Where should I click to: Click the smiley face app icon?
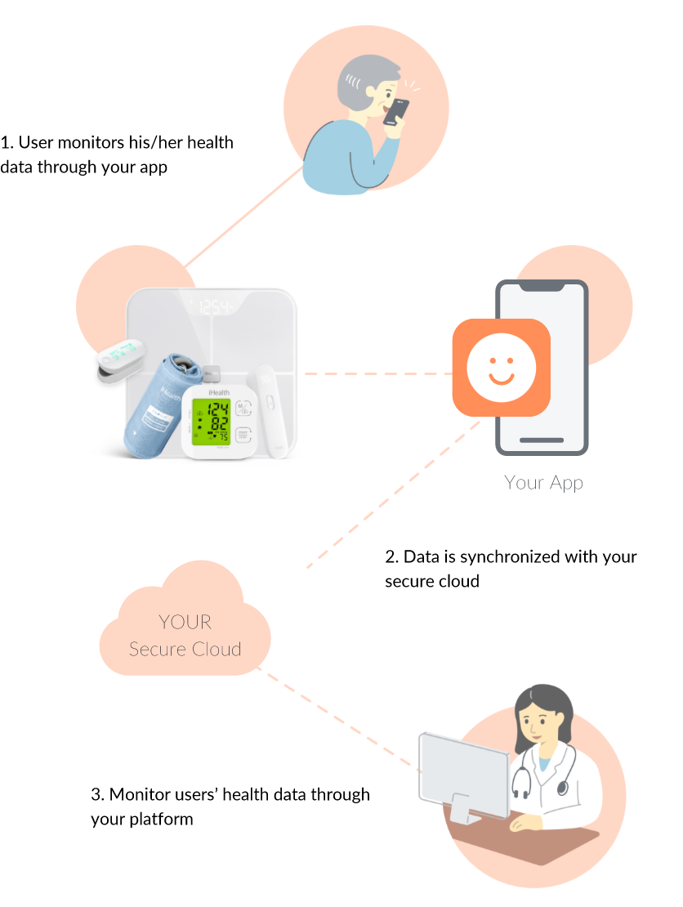pos(501,368)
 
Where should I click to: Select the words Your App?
pos(543,482)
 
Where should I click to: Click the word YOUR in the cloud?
pos(185,622)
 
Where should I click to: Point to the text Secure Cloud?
pos(185,650)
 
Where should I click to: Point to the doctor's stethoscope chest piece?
pos(563,787)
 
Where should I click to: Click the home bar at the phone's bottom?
pos(542,440)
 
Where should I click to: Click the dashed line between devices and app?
pos(376,373)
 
